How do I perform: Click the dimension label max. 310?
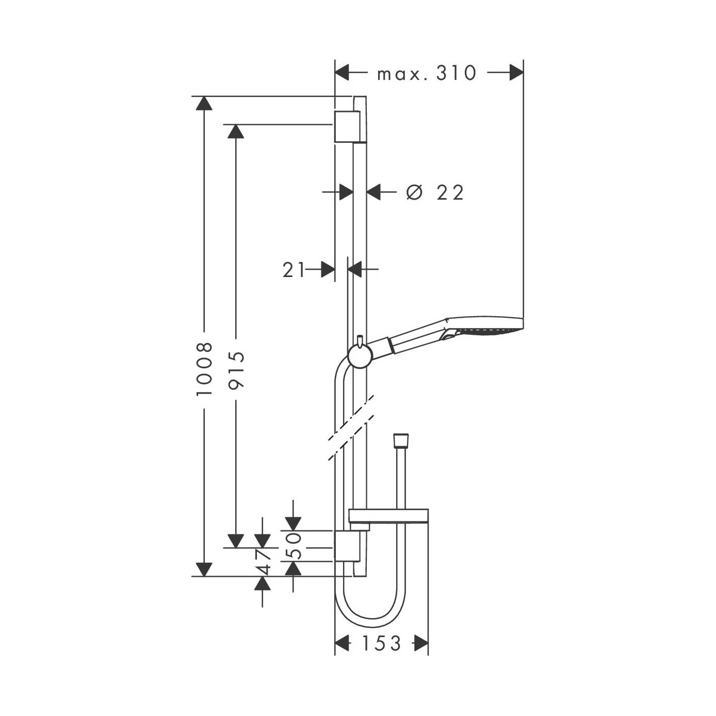pos(426,73)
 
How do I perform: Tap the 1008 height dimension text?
pos(204,369)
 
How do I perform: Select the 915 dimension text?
pos(236,370)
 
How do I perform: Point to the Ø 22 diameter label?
pos(435,192)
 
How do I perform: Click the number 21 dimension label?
pos(294,270)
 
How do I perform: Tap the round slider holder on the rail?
pos(360,356)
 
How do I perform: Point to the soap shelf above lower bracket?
pos(388,516)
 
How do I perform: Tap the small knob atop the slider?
pos(360,340)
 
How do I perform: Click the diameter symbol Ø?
pos(414,192)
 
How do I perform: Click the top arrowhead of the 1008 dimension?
pos(204,103)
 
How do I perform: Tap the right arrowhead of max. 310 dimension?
pos(516,72)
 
